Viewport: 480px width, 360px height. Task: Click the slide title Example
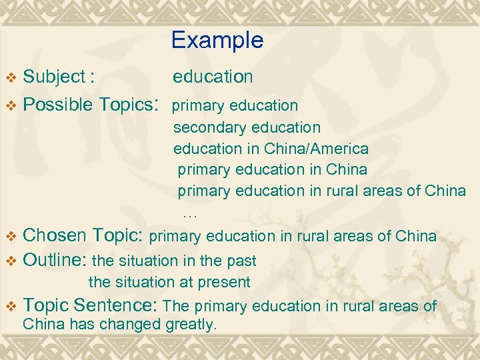point(217,41)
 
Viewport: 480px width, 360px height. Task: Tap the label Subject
point(54,77)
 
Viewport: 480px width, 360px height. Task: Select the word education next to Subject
point(213,77)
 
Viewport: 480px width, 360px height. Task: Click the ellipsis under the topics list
point(190,213)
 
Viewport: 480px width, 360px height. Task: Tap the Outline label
point(55,259)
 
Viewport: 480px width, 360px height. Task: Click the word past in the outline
point(241,260)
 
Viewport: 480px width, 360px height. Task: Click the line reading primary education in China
point(272,169)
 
